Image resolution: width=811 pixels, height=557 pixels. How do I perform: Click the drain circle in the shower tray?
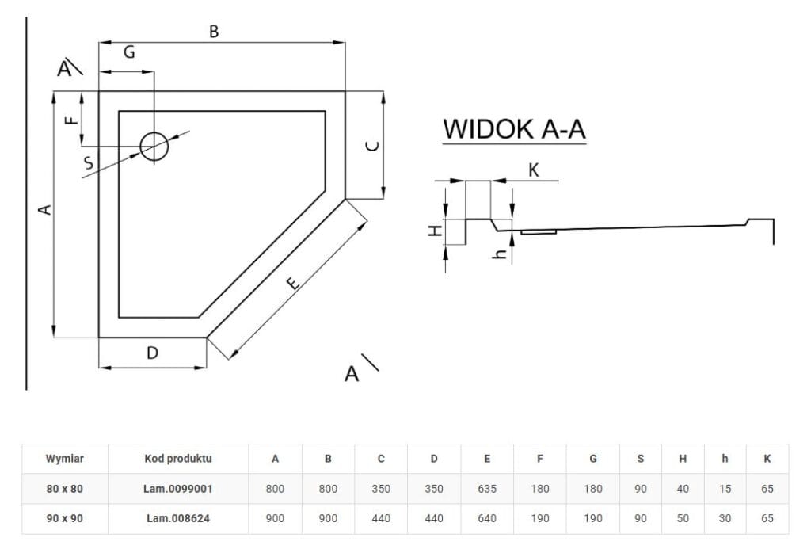click(x=154, y=146)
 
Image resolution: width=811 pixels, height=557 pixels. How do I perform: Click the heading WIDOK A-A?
click(x=514, y=128)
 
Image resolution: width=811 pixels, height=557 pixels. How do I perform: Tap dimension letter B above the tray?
click(x=214, y=32)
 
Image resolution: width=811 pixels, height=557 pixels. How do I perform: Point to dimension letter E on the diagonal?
click(x=292, y=283)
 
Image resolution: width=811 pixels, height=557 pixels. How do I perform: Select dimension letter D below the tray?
click(x=153, y=353)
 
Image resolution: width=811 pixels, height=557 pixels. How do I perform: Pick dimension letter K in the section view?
click(x=533, y=170)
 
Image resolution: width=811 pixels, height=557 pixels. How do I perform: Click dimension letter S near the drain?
click(x=89, y=163)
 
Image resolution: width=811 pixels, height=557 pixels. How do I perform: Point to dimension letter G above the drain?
click(x=129, y=52)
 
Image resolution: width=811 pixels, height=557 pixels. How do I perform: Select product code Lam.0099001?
click(x=179, y=489)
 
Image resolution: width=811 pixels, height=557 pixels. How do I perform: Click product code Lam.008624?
click(x=179, y=518)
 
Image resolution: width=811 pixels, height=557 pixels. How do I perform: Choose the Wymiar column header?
click(x=65, y=458)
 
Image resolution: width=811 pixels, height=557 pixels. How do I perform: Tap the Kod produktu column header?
click(x=179, y=458)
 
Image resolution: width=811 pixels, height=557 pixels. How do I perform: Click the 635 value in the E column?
click(x=487, y=489)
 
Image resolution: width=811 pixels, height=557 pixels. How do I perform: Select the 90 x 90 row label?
click(x=65, y=518)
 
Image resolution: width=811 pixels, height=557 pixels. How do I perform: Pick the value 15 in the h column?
click(x=725, y=489)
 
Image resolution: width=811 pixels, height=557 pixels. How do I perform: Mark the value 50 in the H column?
click(x=683, y=518)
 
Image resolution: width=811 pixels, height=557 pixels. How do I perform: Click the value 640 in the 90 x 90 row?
click(x=487, y=518)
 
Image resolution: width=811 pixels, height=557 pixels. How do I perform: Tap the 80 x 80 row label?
click(x=65, y=489)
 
